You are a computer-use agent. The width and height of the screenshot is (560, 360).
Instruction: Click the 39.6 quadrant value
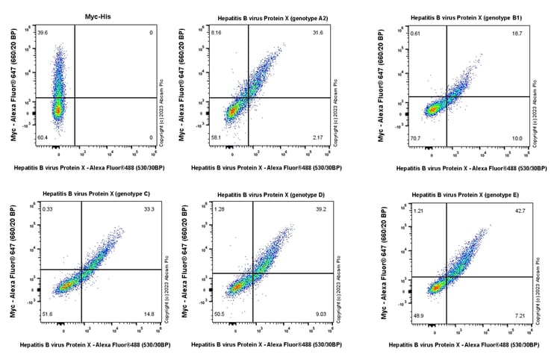[42, 32]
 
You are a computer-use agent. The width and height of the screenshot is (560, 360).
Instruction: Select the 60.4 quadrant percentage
[42, 138]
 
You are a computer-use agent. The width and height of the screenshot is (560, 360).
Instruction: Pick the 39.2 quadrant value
[321, 210]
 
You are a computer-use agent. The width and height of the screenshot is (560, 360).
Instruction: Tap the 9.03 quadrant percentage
[321, 314]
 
